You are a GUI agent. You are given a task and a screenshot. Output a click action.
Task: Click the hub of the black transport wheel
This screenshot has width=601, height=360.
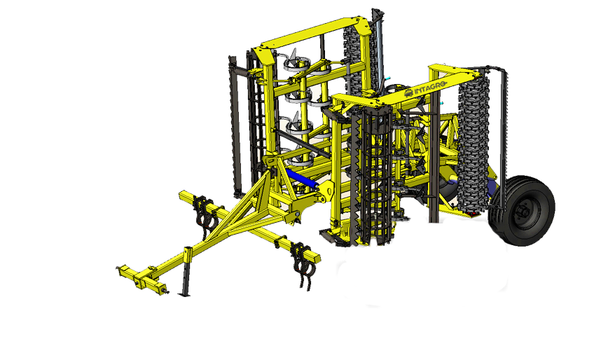[523, 211]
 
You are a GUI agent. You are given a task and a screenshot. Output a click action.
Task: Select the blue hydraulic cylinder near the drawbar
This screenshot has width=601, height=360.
[301, 179]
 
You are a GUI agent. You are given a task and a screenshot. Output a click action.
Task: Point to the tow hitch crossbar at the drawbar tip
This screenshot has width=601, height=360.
[141, 279]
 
